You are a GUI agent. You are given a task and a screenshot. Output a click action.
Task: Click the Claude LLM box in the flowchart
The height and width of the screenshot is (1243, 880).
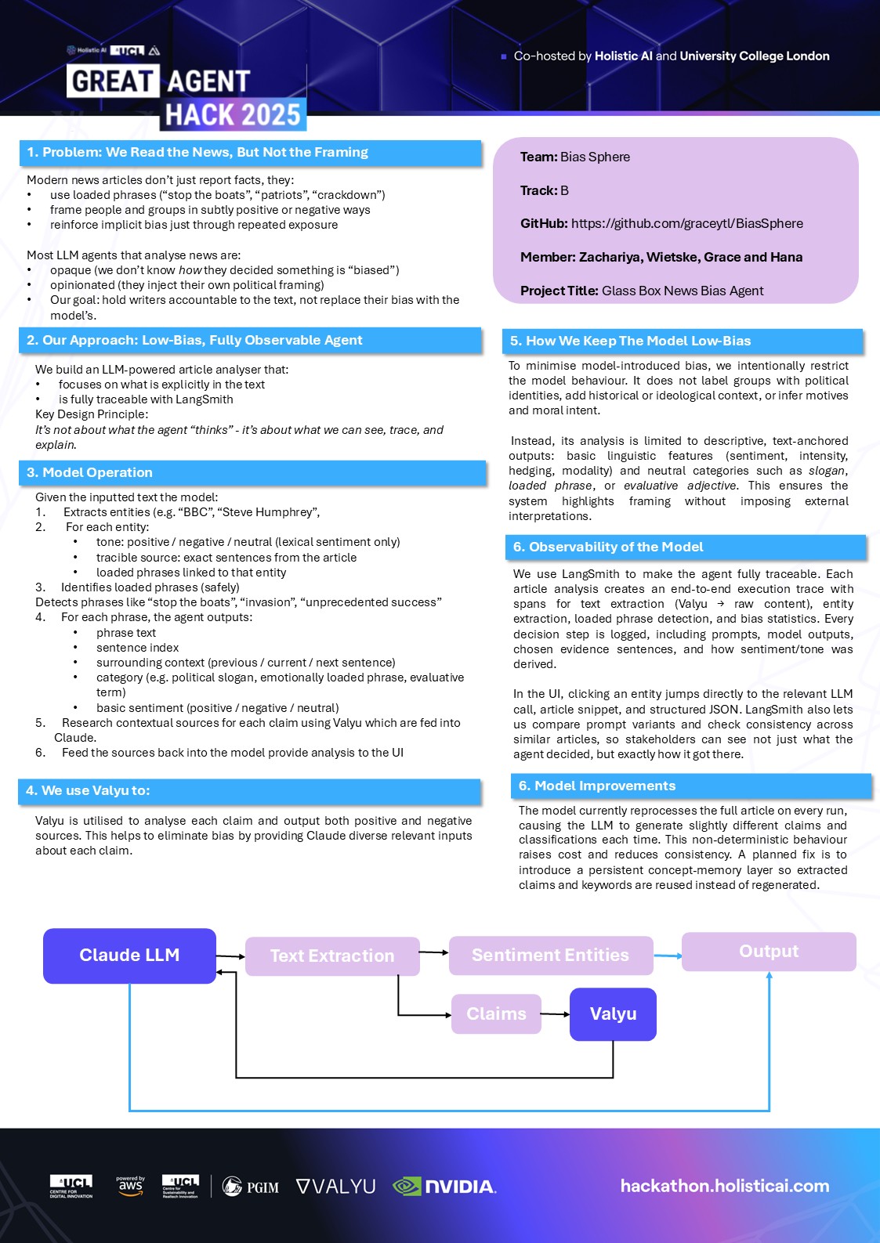point(129,956)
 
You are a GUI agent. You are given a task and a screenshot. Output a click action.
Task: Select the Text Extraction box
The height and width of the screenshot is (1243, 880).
point(332,956)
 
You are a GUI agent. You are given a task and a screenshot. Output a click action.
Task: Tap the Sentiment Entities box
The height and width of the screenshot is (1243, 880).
point(550,956)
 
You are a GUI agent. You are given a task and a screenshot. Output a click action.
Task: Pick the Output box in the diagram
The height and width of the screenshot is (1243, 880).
point(769,952)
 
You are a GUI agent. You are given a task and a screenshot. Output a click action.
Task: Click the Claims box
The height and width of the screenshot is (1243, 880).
point(496,1014)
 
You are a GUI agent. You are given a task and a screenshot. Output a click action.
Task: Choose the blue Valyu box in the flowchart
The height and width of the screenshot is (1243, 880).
point(613,1014)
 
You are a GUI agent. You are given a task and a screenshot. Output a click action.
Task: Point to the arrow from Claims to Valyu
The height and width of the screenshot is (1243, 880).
point(556,1014)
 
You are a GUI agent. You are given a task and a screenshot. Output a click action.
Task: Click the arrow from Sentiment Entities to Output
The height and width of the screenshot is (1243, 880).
point(668,956)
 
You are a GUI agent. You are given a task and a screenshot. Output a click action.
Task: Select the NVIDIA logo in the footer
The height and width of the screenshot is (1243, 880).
point(444,1187)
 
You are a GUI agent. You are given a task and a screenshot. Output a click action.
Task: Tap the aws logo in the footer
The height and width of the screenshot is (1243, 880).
point(130,1185)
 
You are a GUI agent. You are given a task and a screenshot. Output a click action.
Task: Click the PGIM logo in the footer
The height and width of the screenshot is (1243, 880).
point(251,1187)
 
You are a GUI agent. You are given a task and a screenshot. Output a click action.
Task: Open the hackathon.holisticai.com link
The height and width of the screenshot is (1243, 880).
point(725,1186)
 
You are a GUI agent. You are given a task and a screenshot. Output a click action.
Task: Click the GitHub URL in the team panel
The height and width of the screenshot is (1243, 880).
point(686,223)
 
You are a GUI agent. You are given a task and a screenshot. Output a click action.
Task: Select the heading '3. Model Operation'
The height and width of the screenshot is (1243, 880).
point(89,472)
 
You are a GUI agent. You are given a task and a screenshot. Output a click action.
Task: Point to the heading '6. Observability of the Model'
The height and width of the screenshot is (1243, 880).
point(608,547)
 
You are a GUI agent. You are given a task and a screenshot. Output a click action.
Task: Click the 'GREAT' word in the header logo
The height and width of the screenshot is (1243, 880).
point(113,81)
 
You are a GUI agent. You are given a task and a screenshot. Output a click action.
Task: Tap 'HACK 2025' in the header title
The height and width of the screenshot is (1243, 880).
point(233,115)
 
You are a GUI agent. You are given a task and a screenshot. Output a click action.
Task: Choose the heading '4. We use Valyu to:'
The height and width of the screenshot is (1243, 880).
point(88,790)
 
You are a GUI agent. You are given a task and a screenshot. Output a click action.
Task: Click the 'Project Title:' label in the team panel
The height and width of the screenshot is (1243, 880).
point(559,291)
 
